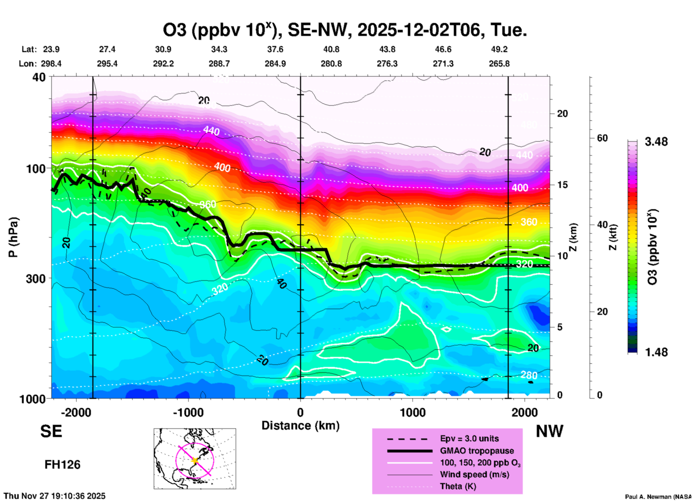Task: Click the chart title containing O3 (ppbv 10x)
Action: (x=345, y=30)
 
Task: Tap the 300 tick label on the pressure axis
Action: (x=36, y=279)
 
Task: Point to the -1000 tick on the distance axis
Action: (x=188, y=412)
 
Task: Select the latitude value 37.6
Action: (x=275, y=49)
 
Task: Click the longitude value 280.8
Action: (x=331, y=64)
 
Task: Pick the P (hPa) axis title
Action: (x=13, y=237)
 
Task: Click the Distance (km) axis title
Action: (x=300, y=426)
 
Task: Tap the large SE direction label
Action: (x=51, y=431)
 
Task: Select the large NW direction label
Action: (x=549, y=431)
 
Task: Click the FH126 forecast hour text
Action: (x=63, y=465)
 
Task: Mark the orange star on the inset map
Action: (x=195, y=460)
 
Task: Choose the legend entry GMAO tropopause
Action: (x=477, y=451)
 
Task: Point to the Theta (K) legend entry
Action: (x=458, y=486)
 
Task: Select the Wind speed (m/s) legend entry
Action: (x=474, y=474)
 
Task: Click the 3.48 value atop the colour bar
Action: (x=656, y=142)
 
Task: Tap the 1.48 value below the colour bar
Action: (x=656, y=352)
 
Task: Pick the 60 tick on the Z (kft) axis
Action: (x=602, y=138)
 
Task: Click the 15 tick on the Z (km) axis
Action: (x=562, y=185)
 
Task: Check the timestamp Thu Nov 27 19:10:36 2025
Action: (x=55, y=496)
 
